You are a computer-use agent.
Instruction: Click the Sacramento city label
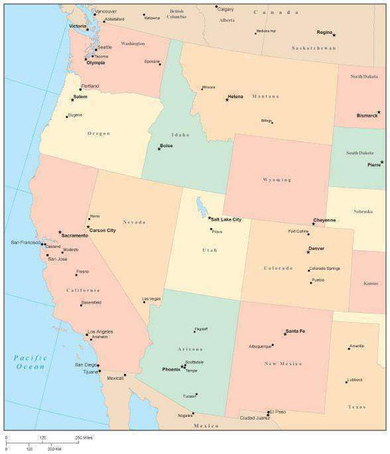[x=75, y=236]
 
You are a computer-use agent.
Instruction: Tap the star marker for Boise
[x=159, y=149]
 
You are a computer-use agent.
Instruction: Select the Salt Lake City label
[x=226, y=219]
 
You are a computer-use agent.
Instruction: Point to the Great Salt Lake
[x=200, y=207]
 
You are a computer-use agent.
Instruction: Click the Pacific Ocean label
[x=31, y=362]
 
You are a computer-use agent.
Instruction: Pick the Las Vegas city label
[x=151, y=299]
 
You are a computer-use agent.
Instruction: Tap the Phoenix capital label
[x=171, y=368]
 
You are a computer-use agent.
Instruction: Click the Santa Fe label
[x=295, y=331]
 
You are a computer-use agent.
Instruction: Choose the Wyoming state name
[x=277, y=180]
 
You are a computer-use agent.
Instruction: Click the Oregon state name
[x=98, y=133]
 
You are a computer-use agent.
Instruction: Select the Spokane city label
[x=152, y=61]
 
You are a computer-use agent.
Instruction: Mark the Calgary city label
[x=226, y=9]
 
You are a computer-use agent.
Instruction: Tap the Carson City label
[x=102, y=229]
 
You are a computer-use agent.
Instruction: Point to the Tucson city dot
[x=198, y=396]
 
